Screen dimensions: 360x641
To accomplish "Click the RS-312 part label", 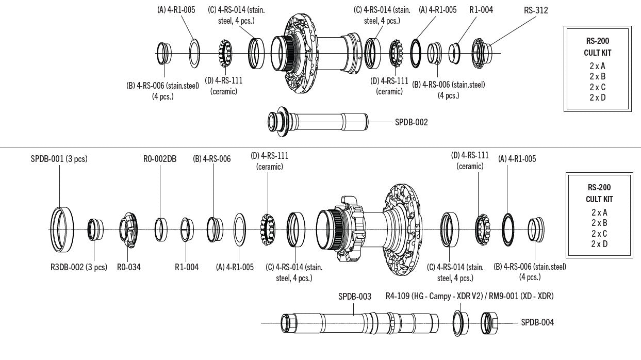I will pos(536,10).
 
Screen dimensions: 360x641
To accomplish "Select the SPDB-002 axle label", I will pos(411,122).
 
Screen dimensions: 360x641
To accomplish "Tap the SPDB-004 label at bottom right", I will pos(537,322).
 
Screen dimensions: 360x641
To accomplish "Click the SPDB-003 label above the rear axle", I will pos(354,297).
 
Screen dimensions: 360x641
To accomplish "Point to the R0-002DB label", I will pos(159,159).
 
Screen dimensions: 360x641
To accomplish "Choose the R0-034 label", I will pos(128,267).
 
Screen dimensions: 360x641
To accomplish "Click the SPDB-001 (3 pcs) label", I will pos(59,159).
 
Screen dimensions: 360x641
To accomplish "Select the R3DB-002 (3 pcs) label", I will pos(78,267).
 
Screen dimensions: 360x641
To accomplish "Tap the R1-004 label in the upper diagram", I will pos(481,10).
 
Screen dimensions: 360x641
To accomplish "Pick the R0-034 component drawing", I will pos(128,230).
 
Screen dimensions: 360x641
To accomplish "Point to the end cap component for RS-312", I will pos(482,52).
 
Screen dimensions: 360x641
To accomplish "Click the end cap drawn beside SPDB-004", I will pos(489,322).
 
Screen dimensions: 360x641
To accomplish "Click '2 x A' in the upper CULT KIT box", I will pos(597,66).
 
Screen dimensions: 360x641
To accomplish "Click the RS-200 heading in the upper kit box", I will pos(597,42).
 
